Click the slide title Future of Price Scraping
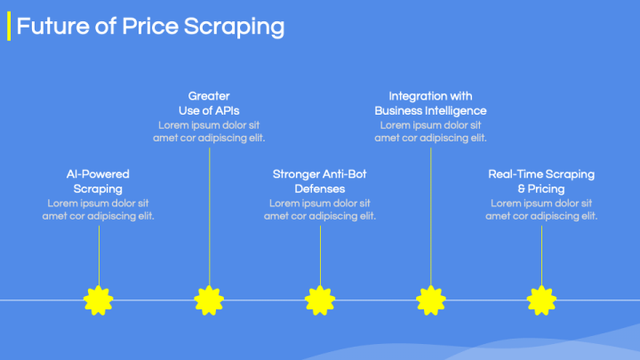pos(150,27)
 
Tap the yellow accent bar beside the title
pos(9,27)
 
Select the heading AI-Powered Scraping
pos(98,181)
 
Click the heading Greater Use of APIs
pos(209,103)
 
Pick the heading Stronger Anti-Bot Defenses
pos(320,181)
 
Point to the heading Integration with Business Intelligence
pos(430,103)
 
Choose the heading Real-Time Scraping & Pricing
pos(541,181)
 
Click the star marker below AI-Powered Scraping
pos(98,300)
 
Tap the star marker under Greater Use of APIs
pos(209,300)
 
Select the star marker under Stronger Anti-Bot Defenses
pos(320,300)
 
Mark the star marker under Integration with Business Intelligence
pos(430,300)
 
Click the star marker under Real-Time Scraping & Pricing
pos(541,300)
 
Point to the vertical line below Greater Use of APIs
pos(209,213)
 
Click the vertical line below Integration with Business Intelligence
pos(430,213)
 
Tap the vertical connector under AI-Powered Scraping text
pos(98,253)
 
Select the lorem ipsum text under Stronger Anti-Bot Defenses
pos(320,210)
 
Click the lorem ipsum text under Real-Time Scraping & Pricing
pos(541,210)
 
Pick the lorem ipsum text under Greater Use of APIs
pos(209,132)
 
